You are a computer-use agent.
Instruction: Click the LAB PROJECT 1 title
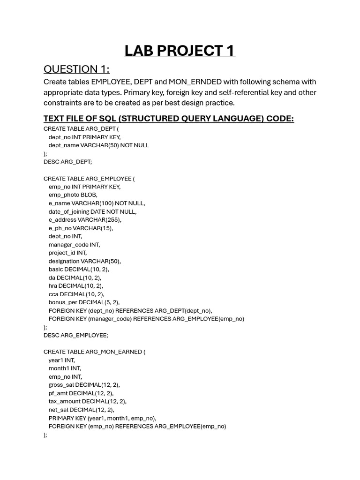[x=180, y=51]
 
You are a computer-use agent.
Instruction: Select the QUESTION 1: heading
[x=76, y=69]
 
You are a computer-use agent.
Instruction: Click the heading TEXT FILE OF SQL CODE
[x=169, y=119]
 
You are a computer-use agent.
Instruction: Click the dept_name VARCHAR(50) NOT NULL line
[x=98, y=145]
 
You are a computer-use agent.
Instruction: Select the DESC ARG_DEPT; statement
[x=67, y=162]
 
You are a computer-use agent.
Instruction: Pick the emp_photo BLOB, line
[x=73, y=195]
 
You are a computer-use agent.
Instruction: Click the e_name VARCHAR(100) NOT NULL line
[x=97, y=203]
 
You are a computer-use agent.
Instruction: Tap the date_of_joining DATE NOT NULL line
[x=92, y=212]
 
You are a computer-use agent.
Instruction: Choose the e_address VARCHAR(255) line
[x=85, y=220]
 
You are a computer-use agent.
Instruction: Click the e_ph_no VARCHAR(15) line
[x=81, y=228]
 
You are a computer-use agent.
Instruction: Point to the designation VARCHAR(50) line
[x=84, y=261]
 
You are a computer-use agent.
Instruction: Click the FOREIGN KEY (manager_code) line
[x=146, y=319]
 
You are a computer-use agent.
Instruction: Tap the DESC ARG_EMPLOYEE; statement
[x=75, y=336]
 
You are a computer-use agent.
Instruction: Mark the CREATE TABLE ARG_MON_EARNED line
[x=94, y=352]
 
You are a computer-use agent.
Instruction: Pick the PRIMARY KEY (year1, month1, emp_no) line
[x=102, y=418]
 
